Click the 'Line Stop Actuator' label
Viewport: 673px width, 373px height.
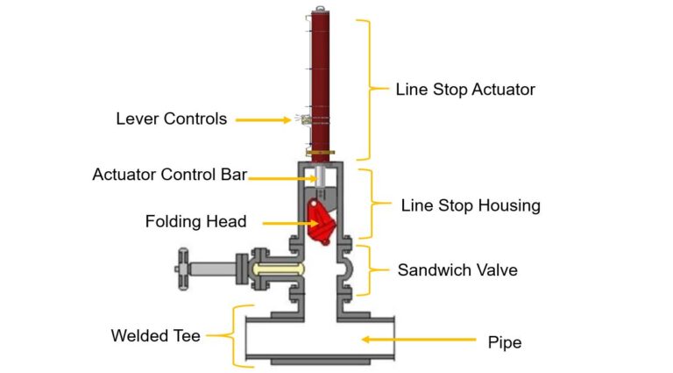coord(464,90)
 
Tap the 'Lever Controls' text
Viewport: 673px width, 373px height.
coord(171,118)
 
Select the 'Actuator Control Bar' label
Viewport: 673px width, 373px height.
coord(169,175)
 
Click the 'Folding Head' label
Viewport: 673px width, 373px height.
coord(196,222)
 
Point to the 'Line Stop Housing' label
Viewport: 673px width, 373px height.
coord(471,206)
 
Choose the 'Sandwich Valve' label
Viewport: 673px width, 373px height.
coord(457,269)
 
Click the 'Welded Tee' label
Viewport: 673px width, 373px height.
coord(155,335)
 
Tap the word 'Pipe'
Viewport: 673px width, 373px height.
coord(504,341)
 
